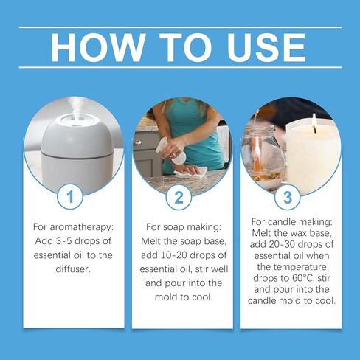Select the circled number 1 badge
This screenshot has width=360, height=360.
pos(70,197)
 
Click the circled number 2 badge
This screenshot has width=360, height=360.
pos(179,197)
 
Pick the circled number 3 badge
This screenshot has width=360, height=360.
pos(287,197)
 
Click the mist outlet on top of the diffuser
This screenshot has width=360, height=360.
pos(74,118)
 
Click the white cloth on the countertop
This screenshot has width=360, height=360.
pos(191,173)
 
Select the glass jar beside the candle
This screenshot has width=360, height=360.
pos(264,157)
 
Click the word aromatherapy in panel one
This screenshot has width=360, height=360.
pos(82,227)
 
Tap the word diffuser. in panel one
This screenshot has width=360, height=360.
pos(73,269)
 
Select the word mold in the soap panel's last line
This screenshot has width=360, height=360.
pos(165,297)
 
